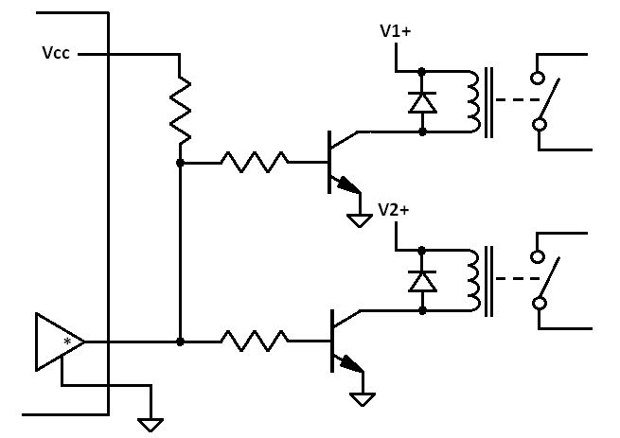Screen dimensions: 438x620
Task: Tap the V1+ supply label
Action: pyautogui.click(x=395, y=31)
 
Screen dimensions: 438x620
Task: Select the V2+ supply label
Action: pyautogui.click(x=394, y=209)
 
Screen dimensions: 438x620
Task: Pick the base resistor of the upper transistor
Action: pyautogui.click(x=255, y=163)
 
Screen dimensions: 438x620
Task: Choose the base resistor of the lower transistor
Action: pyautogui.click(x=255, y=340)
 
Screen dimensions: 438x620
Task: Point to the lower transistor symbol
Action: pyautogui.click(x=342, y=341)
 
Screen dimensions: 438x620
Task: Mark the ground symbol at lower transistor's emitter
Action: pyautogui.click(x=362, y=397)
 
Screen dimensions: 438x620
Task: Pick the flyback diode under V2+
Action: pyautogui.click(x=421, y=280)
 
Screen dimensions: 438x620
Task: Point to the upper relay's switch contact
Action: pyautogui.click(x=545, y=100)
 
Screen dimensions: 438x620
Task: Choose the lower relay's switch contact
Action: pyautogui.click(x=545, y=279)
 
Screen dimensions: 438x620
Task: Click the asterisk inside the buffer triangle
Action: pyautogui.click(x=67, y=341)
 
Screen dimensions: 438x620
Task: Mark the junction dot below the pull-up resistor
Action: pyautogui.click(x=180, y=163)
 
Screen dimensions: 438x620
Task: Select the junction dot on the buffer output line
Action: pyautogui.click(x=180, y=340)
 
